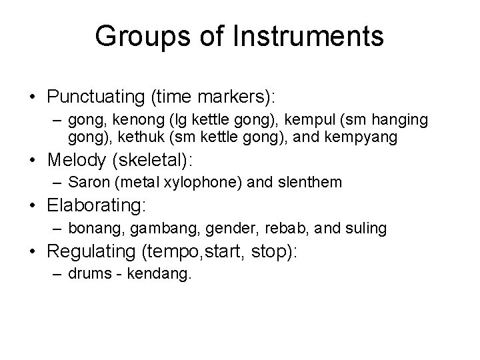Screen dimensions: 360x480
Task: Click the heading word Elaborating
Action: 95,207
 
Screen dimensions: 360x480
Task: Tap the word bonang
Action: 93,229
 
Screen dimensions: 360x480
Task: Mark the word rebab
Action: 283,229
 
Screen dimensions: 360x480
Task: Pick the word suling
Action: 364,229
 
